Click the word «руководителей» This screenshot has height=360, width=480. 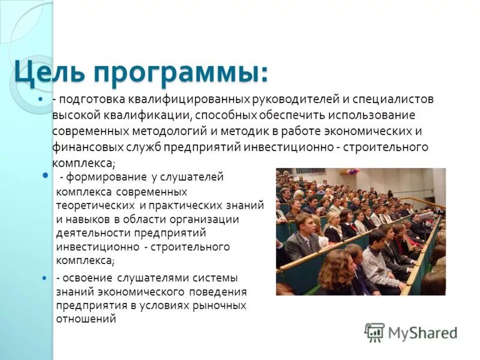click(281, 100)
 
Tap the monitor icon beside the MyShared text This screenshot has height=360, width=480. click(374, 332)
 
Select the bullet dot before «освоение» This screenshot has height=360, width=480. click(47, 278)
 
